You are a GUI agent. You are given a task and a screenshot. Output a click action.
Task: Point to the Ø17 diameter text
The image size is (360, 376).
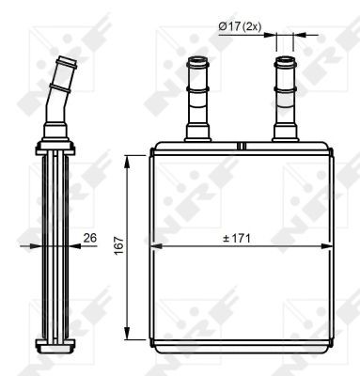tap(228, 26)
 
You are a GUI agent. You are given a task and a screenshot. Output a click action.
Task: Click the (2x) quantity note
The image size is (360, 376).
tap(251, 26)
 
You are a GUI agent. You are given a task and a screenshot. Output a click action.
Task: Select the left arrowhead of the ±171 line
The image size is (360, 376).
tap(155, 247)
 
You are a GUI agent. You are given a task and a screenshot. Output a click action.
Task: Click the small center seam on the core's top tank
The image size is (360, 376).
tap(241, 146)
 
